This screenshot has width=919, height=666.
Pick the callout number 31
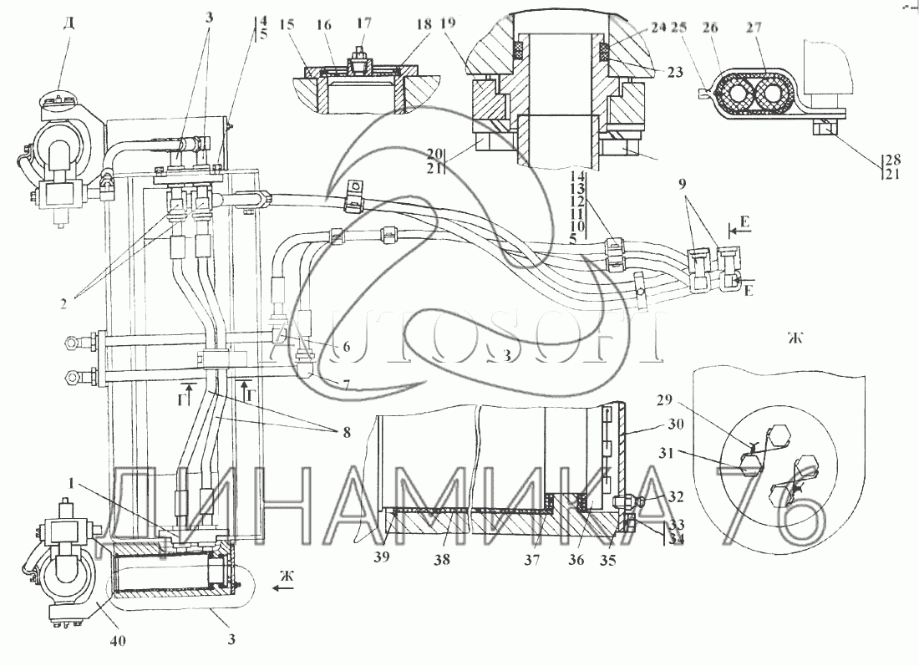point(688,453)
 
